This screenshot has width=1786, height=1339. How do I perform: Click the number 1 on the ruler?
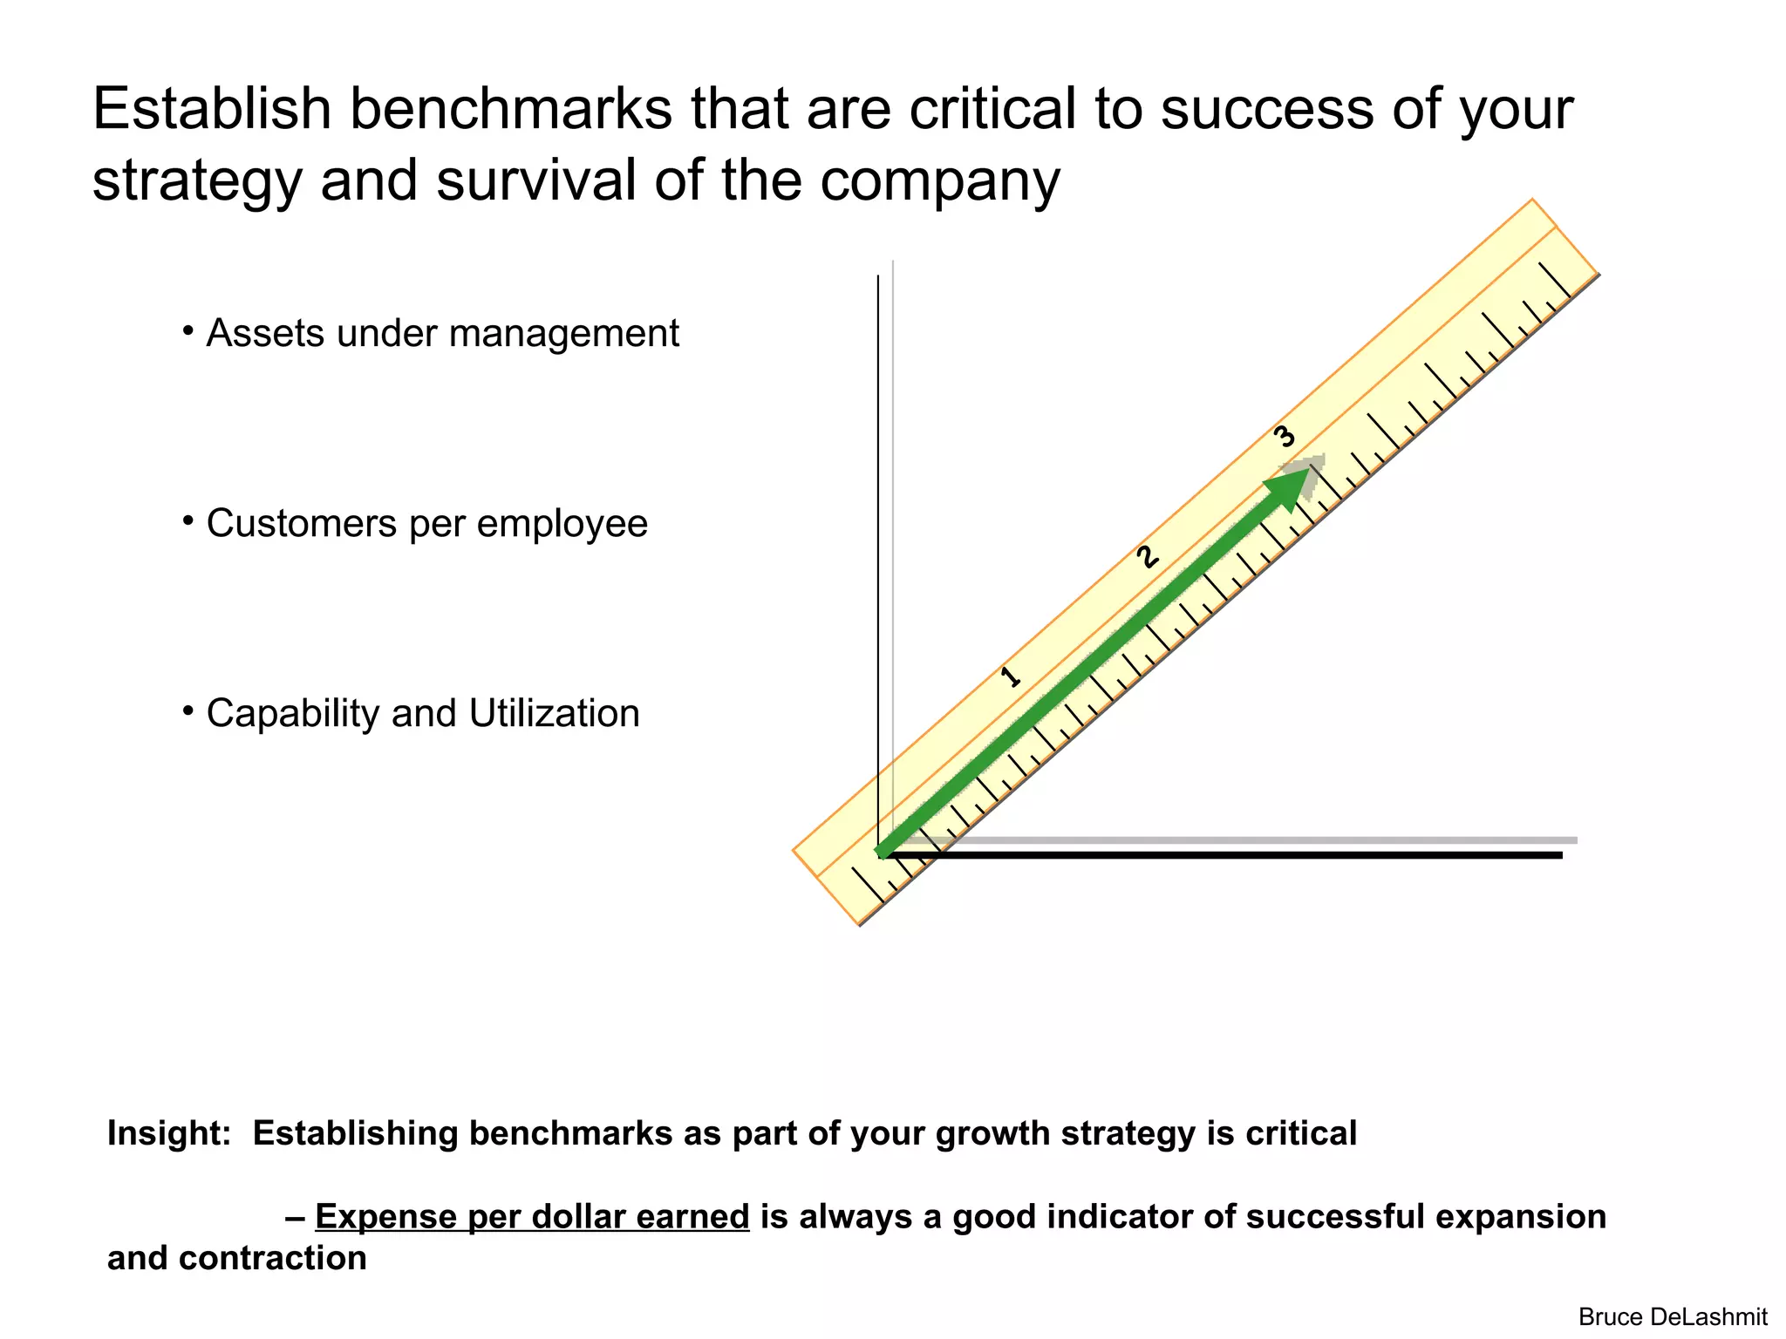click(1011, 676)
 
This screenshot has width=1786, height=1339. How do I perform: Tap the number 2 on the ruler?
click(1148, 557)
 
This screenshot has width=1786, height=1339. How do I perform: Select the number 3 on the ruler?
click(1285, 436)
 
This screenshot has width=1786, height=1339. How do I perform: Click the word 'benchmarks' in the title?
click(511, 109)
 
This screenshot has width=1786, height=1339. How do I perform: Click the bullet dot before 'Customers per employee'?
click(187, 521)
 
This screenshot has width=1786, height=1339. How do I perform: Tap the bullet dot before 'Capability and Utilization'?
click(187, 711)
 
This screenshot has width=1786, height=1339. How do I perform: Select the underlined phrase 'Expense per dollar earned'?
click(532, 1217)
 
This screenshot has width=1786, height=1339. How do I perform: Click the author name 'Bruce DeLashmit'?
click(1673, 1316)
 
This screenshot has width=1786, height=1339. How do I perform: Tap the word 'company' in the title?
click(940, 180)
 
